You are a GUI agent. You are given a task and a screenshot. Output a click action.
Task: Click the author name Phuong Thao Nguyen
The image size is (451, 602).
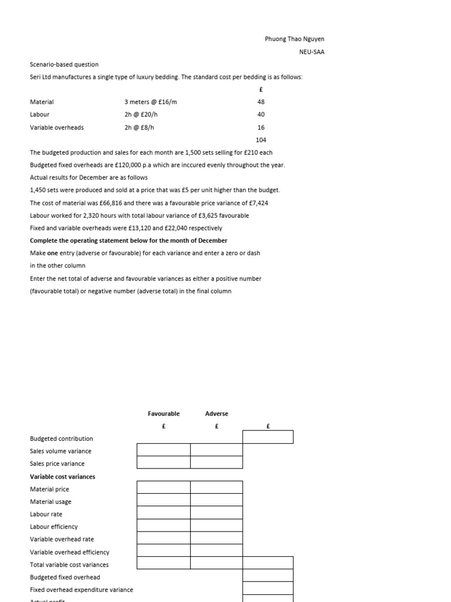[294, 39]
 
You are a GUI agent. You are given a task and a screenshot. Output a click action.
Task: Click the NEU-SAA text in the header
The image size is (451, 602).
[311, 52]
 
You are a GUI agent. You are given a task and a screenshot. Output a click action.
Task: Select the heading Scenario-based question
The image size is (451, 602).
[64, 64]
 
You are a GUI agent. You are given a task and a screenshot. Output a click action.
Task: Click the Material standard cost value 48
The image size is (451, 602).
[261, 102]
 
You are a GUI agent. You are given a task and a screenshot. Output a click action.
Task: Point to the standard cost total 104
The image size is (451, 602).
[261, 140]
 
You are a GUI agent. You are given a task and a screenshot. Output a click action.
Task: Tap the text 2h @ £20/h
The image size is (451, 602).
[140, 115]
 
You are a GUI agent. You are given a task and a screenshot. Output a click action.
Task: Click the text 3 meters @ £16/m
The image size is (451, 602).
[150, 102]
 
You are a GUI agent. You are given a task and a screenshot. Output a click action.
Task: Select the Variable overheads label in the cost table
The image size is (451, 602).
[56, 127]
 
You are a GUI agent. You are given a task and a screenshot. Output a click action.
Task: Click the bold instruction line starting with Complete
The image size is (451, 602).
[128, 240]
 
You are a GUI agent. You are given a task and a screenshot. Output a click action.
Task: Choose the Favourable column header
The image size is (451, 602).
[163, 413]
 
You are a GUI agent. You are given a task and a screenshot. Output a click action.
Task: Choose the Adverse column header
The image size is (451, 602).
[216, 413]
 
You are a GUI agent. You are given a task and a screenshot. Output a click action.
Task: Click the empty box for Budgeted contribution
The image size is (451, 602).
[268, 437]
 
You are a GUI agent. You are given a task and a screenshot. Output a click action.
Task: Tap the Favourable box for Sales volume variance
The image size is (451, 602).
[163, 450]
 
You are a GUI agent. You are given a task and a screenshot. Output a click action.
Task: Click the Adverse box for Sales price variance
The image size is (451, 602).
[216, 463]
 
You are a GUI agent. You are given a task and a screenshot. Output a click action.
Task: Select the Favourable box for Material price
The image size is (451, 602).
[163, 487]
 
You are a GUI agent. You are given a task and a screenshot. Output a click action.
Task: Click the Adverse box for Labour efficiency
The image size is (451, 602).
[216, 526]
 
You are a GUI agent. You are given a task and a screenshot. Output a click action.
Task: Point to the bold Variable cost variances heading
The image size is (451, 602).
[62, 477]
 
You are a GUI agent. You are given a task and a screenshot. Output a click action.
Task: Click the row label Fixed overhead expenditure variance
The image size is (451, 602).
[81, 590]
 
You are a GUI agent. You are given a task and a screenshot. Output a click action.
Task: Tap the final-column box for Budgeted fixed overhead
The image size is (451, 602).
[268, 576]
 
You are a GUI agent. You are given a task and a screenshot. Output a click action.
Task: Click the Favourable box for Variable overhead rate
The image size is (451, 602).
[163, 538]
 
